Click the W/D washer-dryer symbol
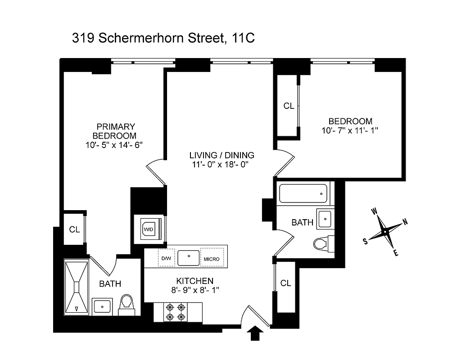tap(148, 229)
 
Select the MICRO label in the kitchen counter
tap(211, 259)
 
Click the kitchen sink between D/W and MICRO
tap(188, 258)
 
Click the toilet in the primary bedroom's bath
tap(126, 304)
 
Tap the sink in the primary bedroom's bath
tap(102, 306)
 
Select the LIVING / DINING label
tap(222, 155)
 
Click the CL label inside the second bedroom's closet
tap(289, 106)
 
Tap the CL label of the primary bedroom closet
tap(74, 229)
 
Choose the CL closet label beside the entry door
tap(285, 283)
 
